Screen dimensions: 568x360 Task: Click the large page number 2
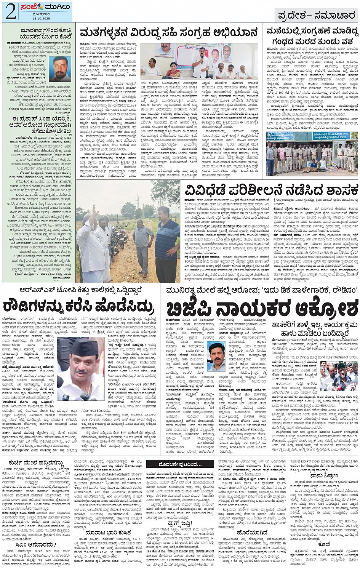(x=10, y=12)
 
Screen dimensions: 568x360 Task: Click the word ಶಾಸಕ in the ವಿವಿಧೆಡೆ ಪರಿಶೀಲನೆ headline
(x=336, y=190)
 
